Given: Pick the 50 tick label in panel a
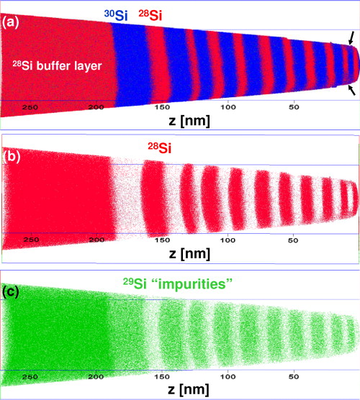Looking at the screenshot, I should pyautogui.click(x=293, y=106).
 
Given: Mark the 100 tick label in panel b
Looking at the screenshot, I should pyautogui.click(x=228, y=240).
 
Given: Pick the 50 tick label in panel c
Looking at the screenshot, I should pyautogui.click(x=293, y=376).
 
